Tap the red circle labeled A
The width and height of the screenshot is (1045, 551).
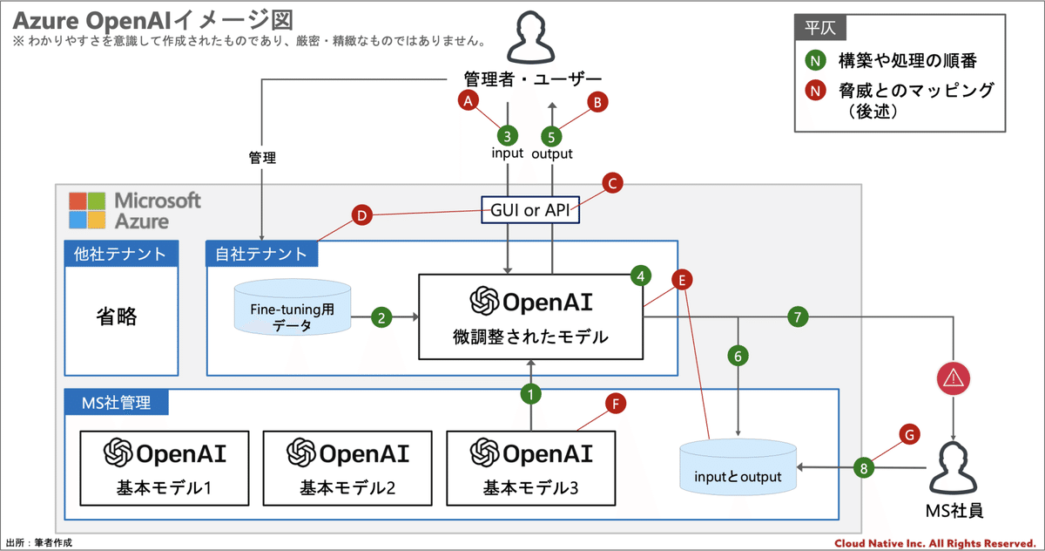pos(469,101)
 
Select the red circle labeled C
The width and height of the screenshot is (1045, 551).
pos(612,183)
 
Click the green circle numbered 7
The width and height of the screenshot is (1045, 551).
pos(798,317)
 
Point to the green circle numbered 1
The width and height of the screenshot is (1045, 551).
pos(530,394)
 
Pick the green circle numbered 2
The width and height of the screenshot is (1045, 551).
pos(381,317)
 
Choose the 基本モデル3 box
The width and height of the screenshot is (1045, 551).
pos(530,468)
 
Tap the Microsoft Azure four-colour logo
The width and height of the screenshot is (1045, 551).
pos(87,210)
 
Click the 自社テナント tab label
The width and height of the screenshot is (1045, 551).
pos(261,255)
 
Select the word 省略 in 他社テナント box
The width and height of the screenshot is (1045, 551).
pos(117,316)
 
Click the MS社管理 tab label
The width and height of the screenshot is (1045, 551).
pos(116,403)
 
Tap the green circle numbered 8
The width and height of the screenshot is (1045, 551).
pos(864,468)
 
